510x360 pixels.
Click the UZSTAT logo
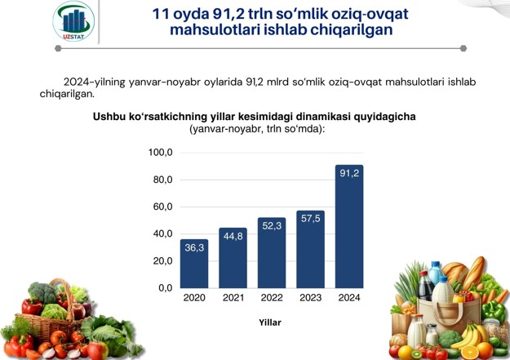(x=73, y=21)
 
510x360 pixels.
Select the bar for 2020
(x=194, y=264)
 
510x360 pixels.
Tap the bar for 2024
(x=349, y=227)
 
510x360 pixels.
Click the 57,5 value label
(x=311, y=219)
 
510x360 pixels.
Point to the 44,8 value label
(x=233, y=236)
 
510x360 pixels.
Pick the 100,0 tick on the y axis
(x=161, y=153)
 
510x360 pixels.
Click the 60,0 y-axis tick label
(x=163, y=207)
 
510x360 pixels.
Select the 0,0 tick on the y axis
(x=166, y=288)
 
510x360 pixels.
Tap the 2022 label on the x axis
(x=272, y=297)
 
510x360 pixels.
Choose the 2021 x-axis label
(x=233, y=297)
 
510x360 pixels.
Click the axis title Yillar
(x=270, y=322)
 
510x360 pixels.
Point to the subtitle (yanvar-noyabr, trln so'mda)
(x=257, y=129)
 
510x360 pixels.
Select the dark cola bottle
(x=425, y=286)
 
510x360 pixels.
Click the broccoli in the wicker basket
(x=42, y=292)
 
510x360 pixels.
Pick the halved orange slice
(x=470, y=353)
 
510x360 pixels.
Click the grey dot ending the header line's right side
(x=463, y=48)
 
